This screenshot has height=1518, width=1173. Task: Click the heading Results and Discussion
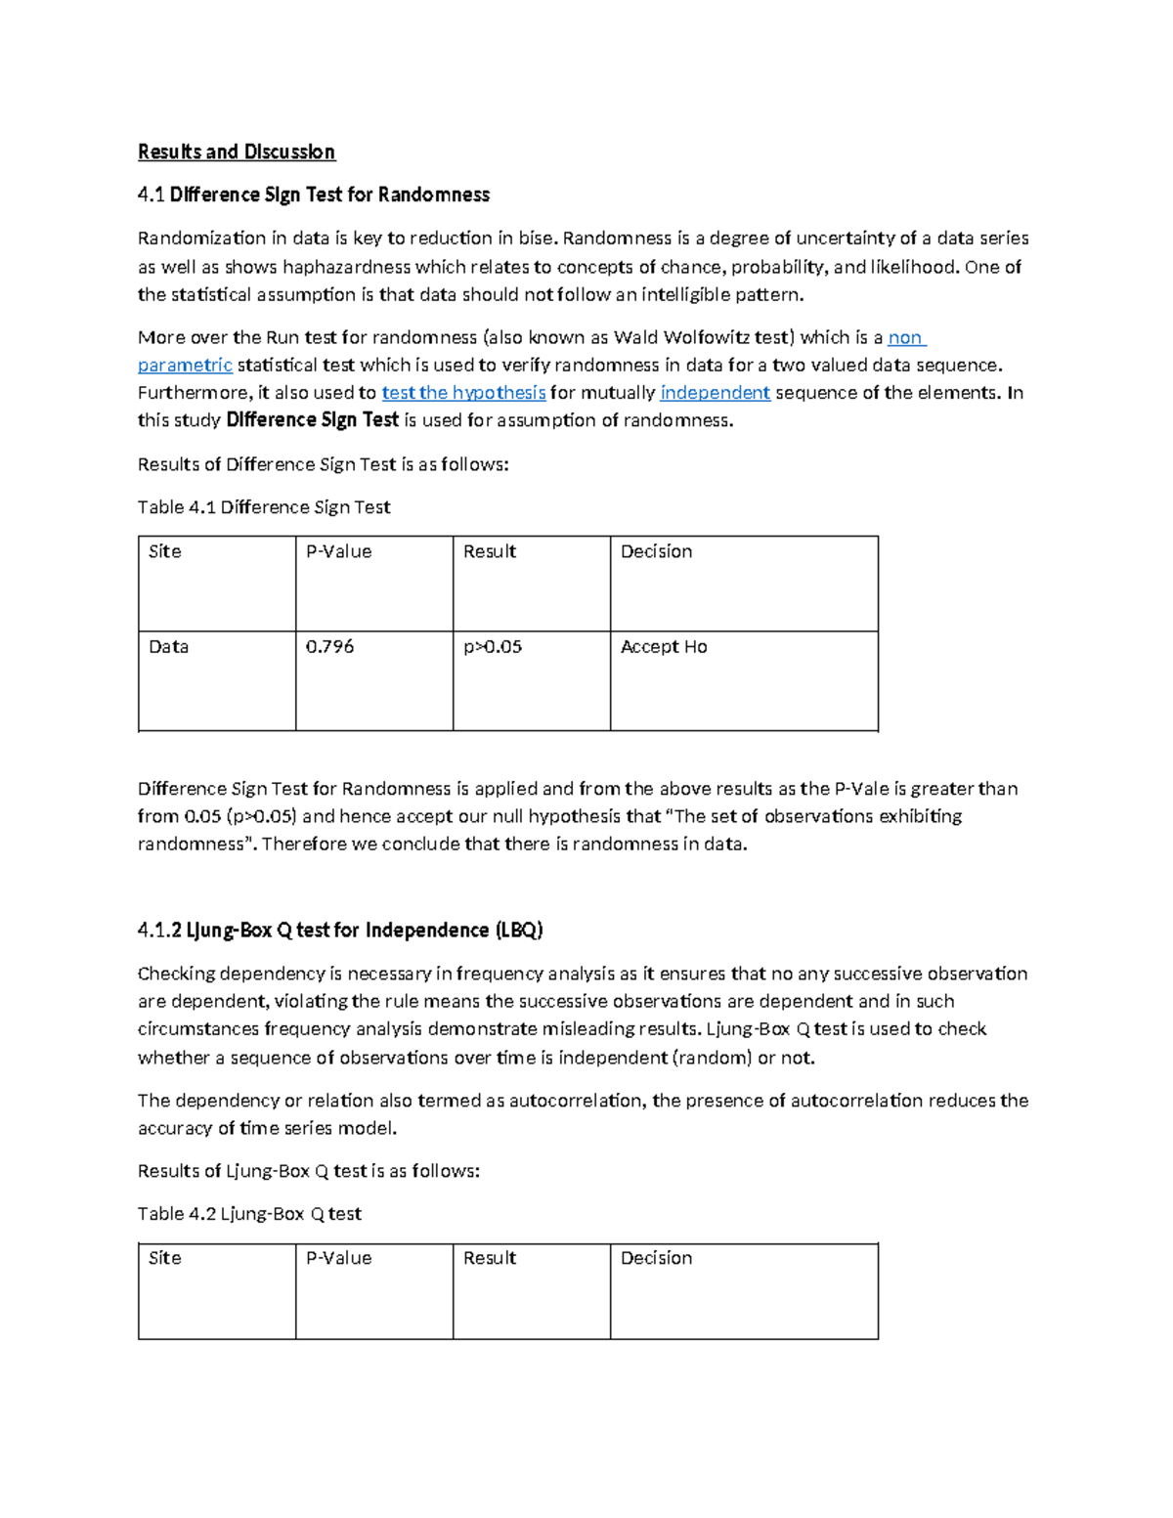pos(236,152)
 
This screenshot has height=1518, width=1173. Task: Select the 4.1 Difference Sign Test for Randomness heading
pos(313,195)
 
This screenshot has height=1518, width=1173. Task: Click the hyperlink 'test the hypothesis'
pos(463,393)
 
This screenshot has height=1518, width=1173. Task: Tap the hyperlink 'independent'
pos(715,393)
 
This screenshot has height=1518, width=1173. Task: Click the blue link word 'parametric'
pos(185,366)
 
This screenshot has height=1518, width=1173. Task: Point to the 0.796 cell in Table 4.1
pos(330,647)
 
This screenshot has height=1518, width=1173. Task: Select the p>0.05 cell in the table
pos(493,647)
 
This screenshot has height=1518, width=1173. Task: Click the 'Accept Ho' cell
pos(664,647)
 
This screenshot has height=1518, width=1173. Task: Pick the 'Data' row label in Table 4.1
pos(168,647)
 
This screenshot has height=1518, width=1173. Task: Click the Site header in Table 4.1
pos(165,552)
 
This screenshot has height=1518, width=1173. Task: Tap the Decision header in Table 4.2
pos(656,1259)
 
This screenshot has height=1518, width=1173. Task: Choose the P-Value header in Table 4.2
pos(338,1259)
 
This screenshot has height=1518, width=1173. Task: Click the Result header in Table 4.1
pos(490,552)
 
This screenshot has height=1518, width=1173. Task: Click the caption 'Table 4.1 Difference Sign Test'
pos(264,507)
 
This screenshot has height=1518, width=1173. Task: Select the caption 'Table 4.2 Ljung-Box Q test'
pos(249,1214)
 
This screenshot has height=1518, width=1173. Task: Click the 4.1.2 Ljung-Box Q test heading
pos(340,931)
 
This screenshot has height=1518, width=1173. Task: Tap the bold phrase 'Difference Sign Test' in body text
pos(312,420)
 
